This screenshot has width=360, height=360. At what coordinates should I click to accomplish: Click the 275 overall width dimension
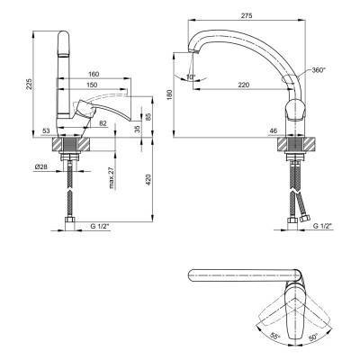(246, 15)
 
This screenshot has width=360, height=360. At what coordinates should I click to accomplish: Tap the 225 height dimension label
(29, 85)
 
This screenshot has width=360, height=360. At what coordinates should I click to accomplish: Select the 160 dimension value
(94, 74)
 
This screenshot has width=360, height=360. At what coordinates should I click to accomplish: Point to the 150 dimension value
(92, 85)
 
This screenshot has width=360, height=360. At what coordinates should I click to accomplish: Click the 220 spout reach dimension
(244, 85)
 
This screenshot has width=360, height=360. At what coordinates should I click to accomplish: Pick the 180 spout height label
(170, 94)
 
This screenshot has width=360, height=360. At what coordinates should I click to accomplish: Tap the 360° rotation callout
(319, 70)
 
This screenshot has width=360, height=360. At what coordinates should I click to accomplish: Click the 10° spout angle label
(191, 76)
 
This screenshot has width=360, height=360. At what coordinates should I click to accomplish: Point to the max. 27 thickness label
(112, 177)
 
